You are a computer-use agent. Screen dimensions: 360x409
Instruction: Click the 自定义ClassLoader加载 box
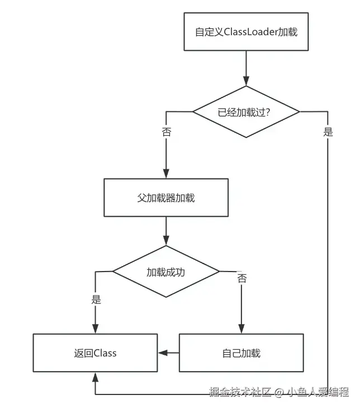[x=246, y=31]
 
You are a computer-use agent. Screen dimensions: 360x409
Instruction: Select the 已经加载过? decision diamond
[x=246, y=112]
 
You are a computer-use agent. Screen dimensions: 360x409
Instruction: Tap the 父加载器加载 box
[x=166, y=198]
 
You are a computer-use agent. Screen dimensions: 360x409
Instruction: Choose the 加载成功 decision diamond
[x=166, y=272]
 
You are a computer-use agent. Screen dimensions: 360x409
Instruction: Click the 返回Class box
[x=95, y=353]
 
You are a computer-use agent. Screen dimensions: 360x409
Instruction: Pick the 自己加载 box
[x=241, y=353]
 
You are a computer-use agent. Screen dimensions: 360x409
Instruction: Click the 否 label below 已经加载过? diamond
[x=167, y=132]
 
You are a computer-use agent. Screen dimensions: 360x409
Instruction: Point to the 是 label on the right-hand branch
[x=328, y=132]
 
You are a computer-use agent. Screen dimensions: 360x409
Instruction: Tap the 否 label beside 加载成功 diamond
[x=241, y=278]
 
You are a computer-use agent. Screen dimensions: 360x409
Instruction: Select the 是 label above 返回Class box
[x=96, y=299]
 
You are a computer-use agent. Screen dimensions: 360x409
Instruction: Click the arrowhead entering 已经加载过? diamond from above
[x=246, y=81]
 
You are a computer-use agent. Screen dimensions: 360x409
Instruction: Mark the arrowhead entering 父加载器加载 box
[x=166, y=174]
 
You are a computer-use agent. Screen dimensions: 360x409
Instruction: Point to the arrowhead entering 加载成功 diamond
[x=166, y=241]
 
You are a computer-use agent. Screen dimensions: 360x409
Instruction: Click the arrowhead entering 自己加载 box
[x=241, y=329]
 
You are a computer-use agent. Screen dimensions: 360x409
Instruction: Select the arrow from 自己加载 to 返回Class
[x=168, y=353]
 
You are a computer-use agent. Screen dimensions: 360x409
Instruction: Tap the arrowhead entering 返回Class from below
[x=95, y=377]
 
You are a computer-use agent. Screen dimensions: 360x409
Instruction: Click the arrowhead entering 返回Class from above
[x=95, y=329]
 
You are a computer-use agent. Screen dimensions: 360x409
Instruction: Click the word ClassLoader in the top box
[x=250, y=32]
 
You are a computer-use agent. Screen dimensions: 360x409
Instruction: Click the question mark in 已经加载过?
[x=267, y=112]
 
